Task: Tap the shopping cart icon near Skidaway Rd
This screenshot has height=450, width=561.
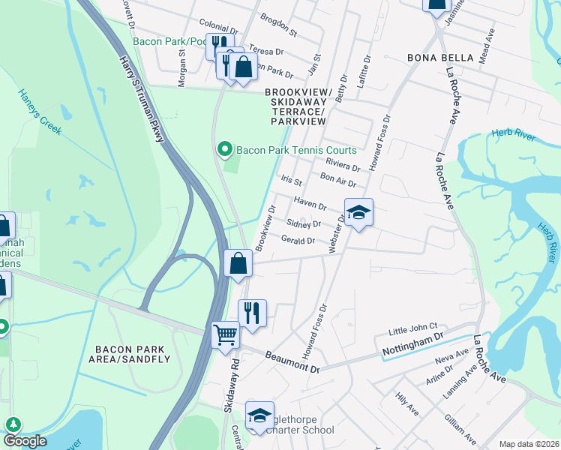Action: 225,334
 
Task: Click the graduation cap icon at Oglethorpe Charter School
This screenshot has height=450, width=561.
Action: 259,415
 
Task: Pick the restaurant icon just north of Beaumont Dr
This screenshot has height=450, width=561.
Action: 252,312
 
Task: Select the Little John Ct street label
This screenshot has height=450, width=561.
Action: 412,328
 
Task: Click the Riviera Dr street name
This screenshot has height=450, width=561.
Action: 343,165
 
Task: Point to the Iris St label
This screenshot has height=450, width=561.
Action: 291,181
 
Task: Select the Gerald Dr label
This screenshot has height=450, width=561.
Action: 298,241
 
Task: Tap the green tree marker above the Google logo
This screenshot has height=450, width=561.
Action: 13,424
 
